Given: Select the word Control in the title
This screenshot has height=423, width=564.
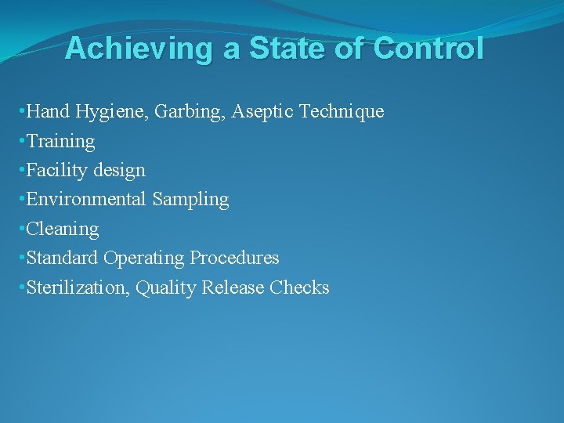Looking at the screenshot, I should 428,49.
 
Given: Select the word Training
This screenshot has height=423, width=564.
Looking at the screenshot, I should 61,142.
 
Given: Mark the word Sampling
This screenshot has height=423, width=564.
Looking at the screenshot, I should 190,200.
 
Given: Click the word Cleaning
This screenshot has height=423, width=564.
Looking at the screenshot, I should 63,230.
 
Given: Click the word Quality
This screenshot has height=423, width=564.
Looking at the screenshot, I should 166,287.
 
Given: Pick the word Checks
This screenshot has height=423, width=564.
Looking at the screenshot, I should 299,287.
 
